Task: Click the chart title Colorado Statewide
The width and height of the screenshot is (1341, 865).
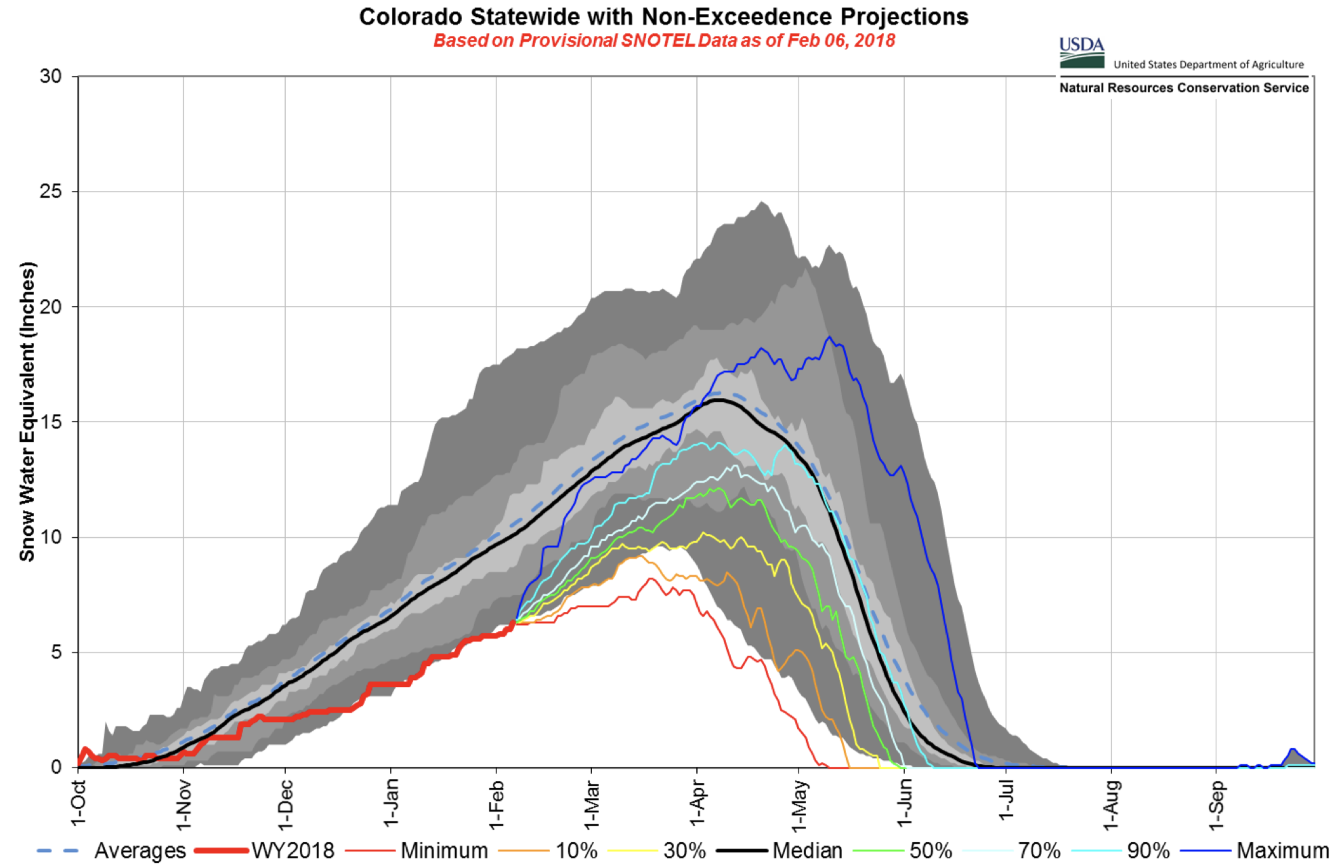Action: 663,17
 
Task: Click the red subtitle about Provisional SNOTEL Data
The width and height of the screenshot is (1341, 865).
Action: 664,41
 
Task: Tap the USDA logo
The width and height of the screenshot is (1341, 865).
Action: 1082,53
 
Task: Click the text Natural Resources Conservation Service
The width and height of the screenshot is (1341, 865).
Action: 1183,88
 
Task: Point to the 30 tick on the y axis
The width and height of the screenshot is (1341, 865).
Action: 51,76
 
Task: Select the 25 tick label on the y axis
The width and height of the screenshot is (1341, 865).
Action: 51,192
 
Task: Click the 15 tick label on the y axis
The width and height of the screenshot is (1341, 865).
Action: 51,422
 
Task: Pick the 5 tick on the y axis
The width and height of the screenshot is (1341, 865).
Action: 56,652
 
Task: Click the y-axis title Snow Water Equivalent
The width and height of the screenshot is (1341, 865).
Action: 27,412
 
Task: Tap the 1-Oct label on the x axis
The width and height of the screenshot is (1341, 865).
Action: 78,803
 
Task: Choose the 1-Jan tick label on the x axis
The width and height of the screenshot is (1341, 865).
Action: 391,803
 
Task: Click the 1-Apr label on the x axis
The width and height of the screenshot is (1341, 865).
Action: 697,803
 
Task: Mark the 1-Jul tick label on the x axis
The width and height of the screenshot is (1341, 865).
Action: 1006,801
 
